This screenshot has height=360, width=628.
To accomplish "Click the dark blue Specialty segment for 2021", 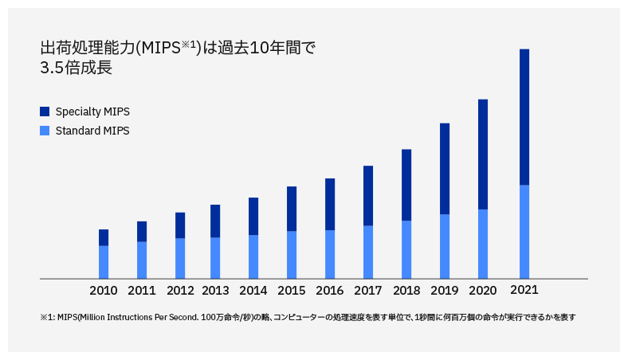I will [524, 117].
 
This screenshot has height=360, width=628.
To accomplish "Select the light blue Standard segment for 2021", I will [524, 231].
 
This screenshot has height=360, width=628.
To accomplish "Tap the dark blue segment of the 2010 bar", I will [104, 237].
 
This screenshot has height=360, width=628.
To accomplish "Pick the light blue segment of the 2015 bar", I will [292, 254].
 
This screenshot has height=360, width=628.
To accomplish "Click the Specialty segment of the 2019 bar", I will [445, 169].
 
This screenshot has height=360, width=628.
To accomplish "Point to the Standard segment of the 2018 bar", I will [406, 249].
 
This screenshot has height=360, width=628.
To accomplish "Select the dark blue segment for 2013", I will [215, 221].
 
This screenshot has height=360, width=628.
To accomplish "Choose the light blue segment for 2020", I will [483, 244].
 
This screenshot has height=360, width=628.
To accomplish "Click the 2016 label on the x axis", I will [330, 291].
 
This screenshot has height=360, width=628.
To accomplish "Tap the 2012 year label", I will [180, 291].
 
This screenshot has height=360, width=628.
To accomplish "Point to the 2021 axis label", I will [524, 290].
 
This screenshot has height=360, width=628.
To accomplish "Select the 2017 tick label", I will [368, 291].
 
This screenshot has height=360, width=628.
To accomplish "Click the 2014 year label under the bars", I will [253, 291].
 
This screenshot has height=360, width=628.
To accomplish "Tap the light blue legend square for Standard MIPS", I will [45, 131].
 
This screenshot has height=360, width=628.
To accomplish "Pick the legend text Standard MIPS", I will [92, 131].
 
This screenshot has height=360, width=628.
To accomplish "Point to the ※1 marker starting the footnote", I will [46, 317].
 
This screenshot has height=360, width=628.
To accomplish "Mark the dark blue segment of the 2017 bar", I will [368, 195].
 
